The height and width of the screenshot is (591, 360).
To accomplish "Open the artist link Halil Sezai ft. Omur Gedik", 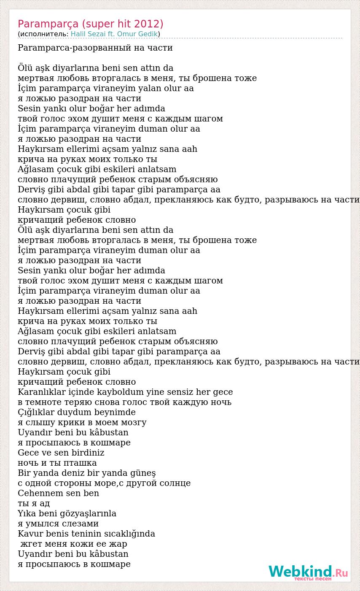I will [x=114, y=34].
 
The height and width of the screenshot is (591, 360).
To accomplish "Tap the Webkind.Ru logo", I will [x=308, y=572].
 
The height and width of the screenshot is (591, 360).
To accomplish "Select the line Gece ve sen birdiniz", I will [x=61, y=453].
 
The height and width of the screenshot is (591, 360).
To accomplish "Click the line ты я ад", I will [x=34, y=504].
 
